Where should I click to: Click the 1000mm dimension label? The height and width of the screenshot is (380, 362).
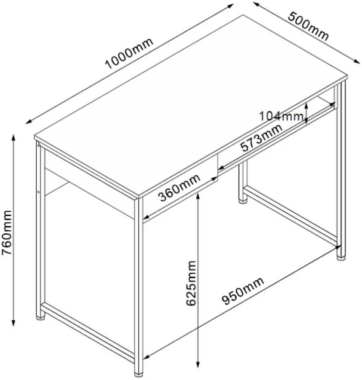pos(129,53)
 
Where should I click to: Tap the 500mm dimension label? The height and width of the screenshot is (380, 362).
pos(308,26)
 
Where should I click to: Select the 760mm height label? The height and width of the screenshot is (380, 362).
pos(7,232)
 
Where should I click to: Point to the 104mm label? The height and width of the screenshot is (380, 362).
pos(282,116)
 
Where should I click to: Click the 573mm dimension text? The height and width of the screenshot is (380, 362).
pos(261,138)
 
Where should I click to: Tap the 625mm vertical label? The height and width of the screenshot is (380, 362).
pos(191,283)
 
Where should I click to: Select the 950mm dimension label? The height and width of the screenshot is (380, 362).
pos(243,290)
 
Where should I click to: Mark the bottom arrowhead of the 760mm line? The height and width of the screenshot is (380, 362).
pos(14,323)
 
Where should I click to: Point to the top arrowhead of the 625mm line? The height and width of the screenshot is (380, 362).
pos(198,196)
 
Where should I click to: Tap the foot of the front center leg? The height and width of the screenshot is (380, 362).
pos(139,373)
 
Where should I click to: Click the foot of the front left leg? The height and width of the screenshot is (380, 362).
pos(41,317)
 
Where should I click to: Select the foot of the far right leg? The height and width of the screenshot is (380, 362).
pos(341,258)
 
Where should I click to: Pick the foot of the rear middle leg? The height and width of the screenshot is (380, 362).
pos(243,200)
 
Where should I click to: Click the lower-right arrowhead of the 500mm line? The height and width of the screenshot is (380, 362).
pos(357,62)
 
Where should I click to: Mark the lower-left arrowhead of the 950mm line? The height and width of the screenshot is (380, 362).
pos(146,356)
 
